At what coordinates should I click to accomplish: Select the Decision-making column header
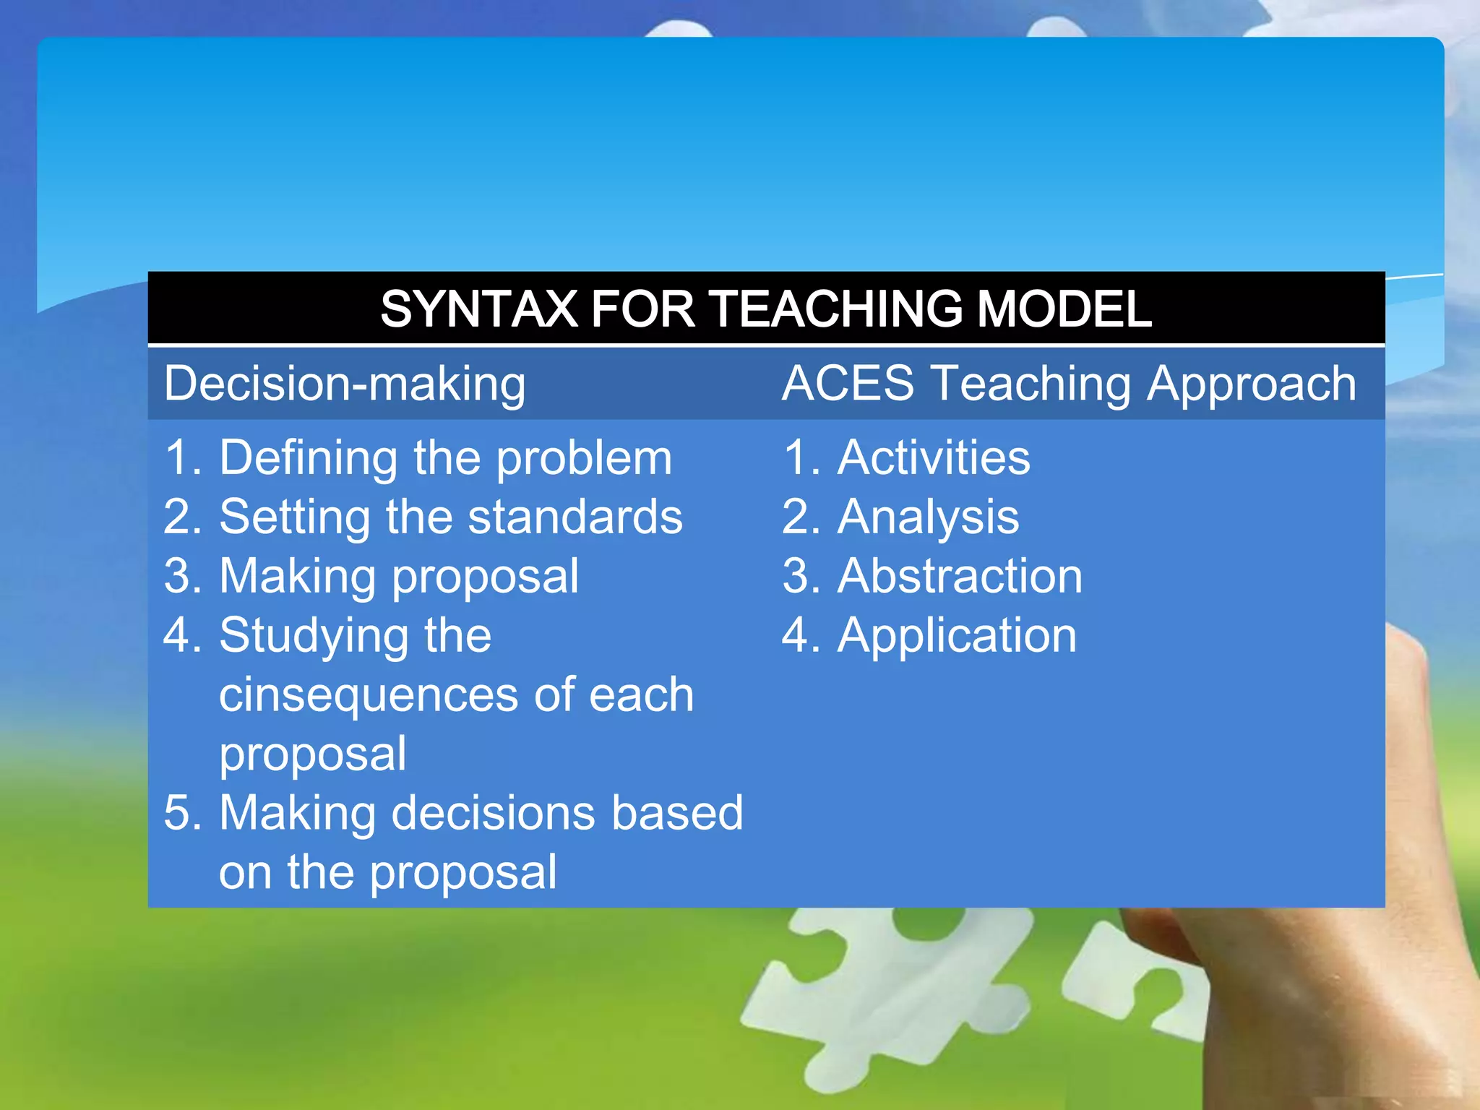[x=345, y=384]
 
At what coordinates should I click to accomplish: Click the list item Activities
[x=934, y=457]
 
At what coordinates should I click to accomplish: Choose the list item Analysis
[x=928, y=517]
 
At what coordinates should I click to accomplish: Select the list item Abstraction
[x=960, y=576]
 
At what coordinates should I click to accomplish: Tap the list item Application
[x=957, y=636]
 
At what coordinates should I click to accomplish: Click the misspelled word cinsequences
[x=368, y=695]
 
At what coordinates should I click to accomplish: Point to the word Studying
[x=314, y=636]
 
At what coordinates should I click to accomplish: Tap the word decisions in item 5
[x=494, y=813]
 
